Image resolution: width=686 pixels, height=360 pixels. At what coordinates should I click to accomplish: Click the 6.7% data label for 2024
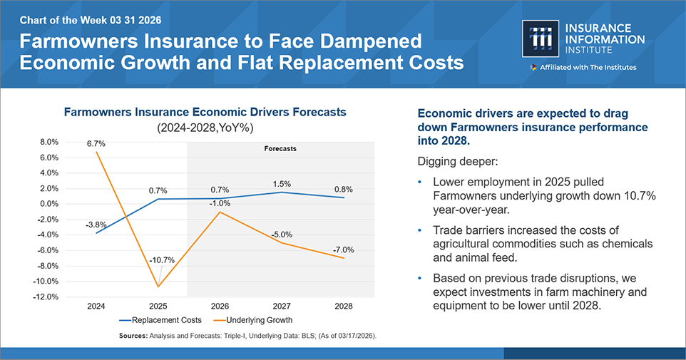[96, 143]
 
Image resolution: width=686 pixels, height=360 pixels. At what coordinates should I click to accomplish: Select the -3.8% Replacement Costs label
[96, 223]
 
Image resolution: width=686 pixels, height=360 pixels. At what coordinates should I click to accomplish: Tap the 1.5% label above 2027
[281, 184]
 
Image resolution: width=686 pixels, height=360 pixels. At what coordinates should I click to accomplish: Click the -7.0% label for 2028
[342, 250]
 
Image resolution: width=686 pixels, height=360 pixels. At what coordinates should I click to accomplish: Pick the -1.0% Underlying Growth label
[220, 202]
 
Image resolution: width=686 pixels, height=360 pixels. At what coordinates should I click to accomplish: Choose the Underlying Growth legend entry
[255, 320]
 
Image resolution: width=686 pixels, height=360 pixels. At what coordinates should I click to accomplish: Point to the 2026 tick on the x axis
[220, 306]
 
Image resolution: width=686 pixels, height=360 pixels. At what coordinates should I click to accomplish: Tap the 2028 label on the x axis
[343, 306]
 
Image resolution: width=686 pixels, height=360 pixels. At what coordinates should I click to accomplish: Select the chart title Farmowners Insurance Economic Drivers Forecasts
[205, 112]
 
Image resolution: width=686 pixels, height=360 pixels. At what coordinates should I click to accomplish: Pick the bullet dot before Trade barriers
[421, 230]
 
